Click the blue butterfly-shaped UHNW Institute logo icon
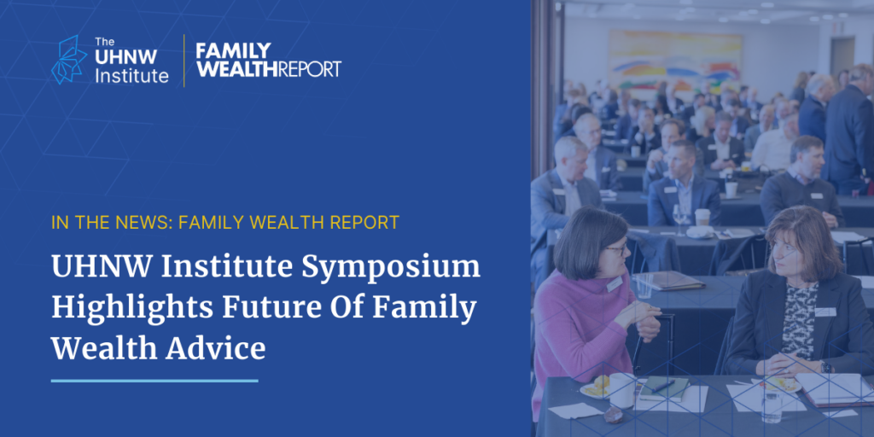tap(69, 60)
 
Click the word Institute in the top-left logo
tap(131, 75)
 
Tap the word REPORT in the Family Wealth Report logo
tap(310, 69)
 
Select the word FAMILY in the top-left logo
tap(234, 50)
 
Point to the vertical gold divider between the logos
tap(184, 61)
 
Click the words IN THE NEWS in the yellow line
tap(111, 223)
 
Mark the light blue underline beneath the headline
tap(154, 381)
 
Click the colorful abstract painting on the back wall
tap(675, 59)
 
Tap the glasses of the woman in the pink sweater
tap(618, 248)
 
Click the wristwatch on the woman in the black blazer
tap(825, 367)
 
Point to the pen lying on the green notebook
tap(663, 386)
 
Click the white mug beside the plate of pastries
tap(622, 389)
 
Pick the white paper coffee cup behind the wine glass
tap(702, 217)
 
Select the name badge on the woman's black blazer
tap(825, 312)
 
